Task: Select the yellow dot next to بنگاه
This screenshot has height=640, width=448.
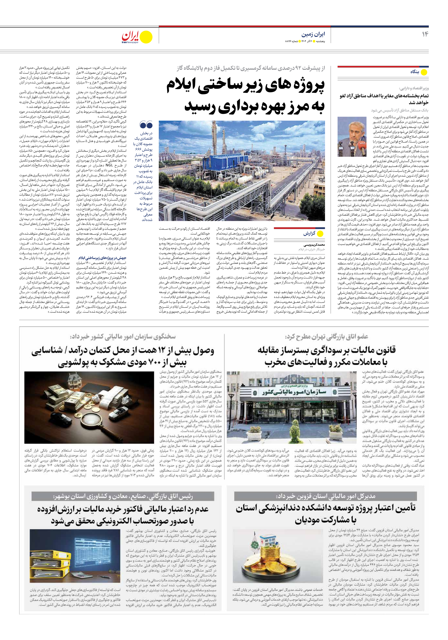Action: point(424,72)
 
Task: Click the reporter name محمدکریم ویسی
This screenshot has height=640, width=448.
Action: point(314,245)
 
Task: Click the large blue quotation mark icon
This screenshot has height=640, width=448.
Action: point(146,125)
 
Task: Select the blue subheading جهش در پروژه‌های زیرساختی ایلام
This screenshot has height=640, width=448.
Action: point(102,258)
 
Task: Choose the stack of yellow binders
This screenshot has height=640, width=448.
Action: point(45,561)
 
